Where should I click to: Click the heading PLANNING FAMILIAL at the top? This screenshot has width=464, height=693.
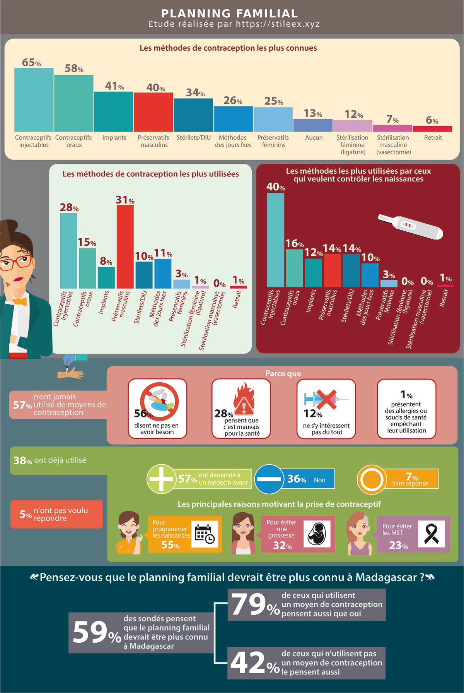[229, 14]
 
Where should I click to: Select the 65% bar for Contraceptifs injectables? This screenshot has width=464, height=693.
[34, 100]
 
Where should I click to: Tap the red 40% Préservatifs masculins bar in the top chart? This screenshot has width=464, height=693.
[154, 112]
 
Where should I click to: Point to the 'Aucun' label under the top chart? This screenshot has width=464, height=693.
[314, 137]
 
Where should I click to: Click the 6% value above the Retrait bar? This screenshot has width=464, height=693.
[432, 120]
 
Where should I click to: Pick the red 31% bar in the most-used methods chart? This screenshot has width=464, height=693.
[125, 247]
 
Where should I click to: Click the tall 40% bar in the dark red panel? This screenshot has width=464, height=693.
[276, 240]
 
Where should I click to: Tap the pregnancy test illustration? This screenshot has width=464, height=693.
[410, 227]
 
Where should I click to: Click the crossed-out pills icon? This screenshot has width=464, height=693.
[159, 402]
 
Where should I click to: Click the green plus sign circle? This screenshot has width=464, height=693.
[162, 479]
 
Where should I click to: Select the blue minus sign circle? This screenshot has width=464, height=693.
[269, 479]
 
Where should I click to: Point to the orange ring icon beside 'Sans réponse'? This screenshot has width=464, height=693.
[372, 479]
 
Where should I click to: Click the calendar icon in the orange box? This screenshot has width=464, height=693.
[205, 534]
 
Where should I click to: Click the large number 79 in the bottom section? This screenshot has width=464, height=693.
[249, 604]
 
